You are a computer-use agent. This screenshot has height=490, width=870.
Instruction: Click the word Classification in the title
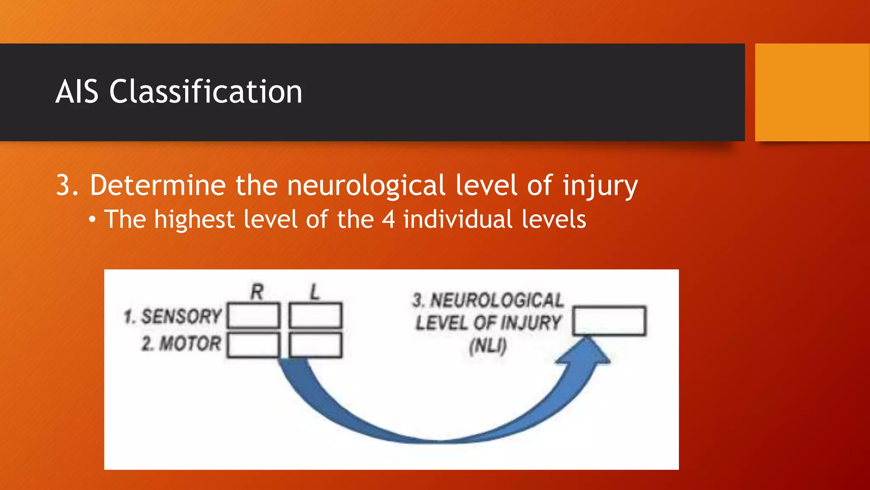(206, 91)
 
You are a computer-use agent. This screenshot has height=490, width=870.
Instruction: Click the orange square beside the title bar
(812, 92)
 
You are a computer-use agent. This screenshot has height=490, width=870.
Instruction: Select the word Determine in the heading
(158, 185)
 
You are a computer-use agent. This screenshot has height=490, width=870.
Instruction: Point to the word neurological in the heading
(366, 185)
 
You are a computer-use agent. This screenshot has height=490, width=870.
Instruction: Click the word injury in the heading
(599, 186)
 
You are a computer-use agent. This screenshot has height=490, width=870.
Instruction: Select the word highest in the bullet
(194, 219)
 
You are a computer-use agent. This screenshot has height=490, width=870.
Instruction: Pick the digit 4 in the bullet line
(388, 219)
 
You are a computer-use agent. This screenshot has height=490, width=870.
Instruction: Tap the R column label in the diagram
(257, 292)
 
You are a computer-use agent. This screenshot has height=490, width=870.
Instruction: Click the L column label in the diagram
(314, 292)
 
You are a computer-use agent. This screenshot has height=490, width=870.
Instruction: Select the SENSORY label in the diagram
(181, 316)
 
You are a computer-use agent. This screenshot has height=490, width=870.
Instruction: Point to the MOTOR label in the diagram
(190, 344)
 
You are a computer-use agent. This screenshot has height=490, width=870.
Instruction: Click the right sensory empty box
(254, 316)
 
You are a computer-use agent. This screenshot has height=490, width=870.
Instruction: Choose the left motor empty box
(315, 345)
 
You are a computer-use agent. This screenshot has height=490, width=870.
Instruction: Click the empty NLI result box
(609, 321)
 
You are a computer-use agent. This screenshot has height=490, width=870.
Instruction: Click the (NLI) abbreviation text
(488, 346)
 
